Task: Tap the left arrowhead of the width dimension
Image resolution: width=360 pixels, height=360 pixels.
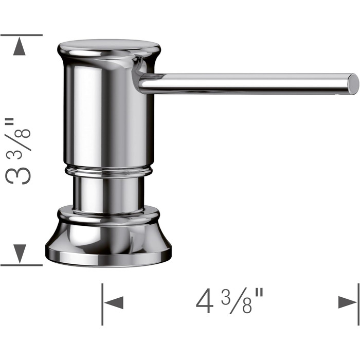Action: click(114, 302)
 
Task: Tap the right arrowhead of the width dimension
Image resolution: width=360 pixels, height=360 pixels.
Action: click(348, 302)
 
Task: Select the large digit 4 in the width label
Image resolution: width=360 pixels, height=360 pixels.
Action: click(204, 301)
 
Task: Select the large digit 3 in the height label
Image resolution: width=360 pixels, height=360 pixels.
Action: click(18, 176)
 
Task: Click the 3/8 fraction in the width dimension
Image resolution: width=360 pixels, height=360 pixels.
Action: click(237, 301)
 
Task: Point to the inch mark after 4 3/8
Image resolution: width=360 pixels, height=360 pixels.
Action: click(259, 294)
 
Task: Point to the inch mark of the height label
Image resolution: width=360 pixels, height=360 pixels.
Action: click(10, 122)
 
